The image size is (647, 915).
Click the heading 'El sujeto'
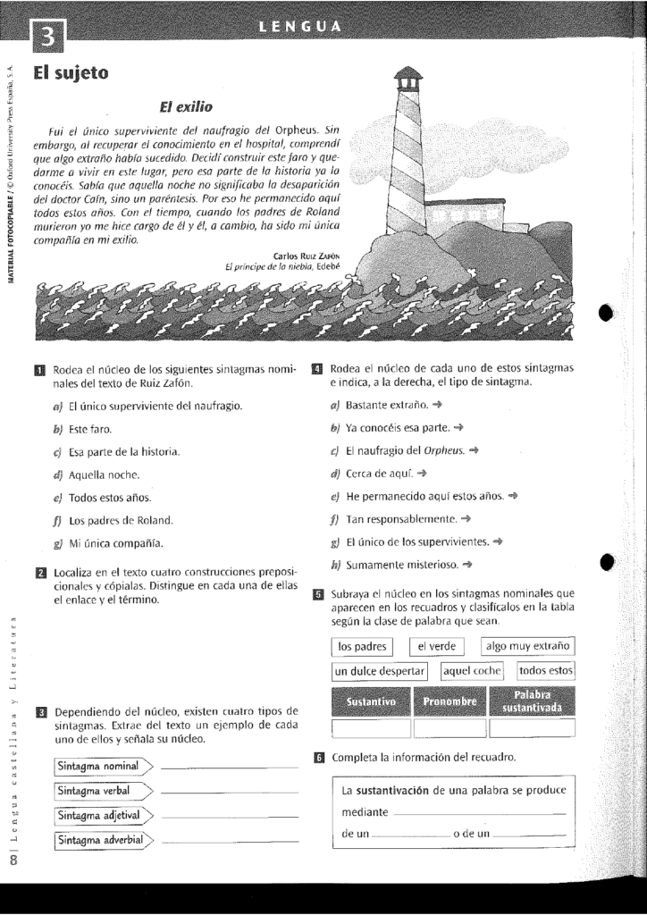click(x=71, y=73)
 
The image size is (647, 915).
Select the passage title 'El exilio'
click(x=187, y=108)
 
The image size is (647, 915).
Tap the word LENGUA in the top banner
click(x=299, y=26)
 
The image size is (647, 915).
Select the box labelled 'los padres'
click(x=362, y=646)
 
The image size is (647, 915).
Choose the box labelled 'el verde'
click(x=436, y=646)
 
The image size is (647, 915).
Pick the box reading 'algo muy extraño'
click(x=528, y=646)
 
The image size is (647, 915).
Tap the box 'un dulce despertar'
click(x=380, y=671)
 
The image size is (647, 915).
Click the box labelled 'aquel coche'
click(x=473, y=671)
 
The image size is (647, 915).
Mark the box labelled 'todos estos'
click(x=545, y=671)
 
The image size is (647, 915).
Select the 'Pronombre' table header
click(x=450, y=702)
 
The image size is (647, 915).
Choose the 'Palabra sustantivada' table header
click(x=531, y=702)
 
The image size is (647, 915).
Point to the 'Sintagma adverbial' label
click(x=100, y=840)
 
